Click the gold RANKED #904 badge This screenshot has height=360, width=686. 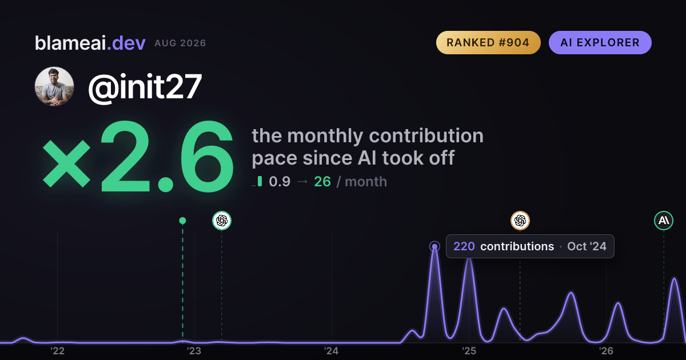tap(488, 42)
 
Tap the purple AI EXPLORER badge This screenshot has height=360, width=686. tap(600, 42)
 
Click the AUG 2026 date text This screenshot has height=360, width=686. tap(180, 43)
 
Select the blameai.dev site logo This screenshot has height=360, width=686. tap(90, 43)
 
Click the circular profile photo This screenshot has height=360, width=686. tap(54, 86)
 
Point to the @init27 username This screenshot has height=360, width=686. tap(145, 87)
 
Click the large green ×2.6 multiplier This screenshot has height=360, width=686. tap(138, 157)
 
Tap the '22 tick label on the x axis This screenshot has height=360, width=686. tap(57, 351)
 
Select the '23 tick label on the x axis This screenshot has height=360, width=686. tap(194, 351)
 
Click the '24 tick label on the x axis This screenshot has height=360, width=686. tap(332, 351)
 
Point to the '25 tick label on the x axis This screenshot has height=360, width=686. tap(469, 351)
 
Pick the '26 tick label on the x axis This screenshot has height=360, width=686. tap(606, 351)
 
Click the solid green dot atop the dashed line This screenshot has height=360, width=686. tap(182, 221)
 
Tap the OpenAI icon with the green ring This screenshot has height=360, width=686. tap(222, 221)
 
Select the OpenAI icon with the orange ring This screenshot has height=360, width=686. tap(520, 221)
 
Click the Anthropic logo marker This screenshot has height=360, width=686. tap(664, 221)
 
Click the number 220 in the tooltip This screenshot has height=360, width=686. tap(464, 246)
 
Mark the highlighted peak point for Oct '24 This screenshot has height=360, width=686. tap(434, 246)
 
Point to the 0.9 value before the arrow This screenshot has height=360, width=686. tap(280, 182)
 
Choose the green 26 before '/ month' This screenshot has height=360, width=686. tap(322, 182)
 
